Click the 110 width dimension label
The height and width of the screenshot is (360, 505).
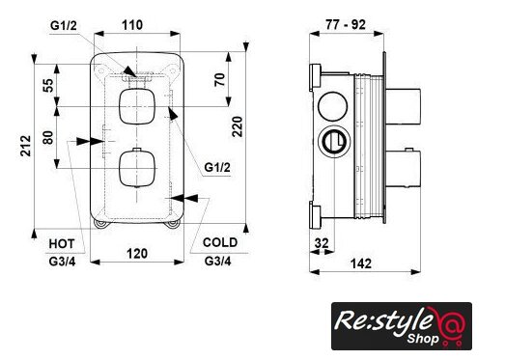click(132, 25)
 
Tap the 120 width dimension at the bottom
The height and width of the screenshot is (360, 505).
click(137, 254)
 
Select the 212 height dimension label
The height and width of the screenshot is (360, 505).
click(26, 146)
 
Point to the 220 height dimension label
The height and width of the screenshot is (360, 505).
click(238, 126)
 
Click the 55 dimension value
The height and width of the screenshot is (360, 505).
click(48, 85)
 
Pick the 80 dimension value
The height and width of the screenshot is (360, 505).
click(48, 137)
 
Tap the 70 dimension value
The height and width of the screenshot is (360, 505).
click(219, 80)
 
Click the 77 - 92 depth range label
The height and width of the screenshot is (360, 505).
click(346, 24)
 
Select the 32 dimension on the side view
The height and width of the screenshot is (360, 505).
click(322, 243)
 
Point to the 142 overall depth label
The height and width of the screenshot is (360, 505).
click(361, 263)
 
